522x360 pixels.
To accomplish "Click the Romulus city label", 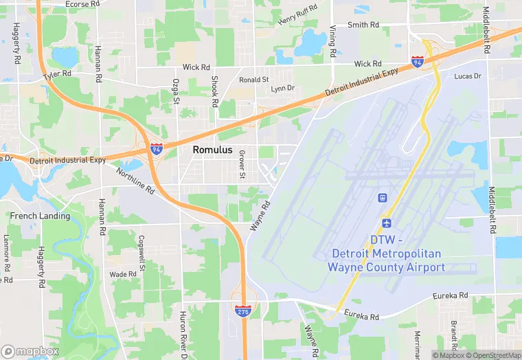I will [212, 150].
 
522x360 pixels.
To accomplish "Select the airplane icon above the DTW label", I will [386, 224].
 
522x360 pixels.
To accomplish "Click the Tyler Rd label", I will [57, 74].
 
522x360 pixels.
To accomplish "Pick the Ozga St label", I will [176, 90].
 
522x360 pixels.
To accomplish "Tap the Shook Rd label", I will [214, 91].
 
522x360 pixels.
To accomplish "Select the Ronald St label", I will [254, 80].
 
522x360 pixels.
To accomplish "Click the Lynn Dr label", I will [282, 89].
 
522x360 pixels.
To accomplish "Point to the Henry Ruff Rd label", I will [297, 14].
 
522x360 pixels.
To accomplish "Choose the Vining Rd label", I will [332, 41].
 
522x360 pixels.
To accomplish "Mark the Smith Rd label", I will [363, 25].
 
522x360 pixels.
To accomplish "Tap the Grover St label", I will [242, 166].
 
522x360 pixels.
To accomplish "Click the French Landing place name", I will [40, 216].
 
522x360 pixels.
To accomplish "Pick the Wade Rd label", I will [123, 274].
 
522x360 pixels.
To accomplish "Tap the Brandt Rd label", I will [454, 335].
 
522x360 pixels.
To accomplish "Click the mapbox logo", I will [30, 351].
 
